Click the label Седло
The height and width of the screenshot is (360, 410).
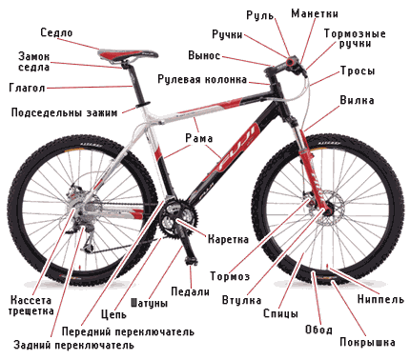pyautogui.click(x=56, y=32)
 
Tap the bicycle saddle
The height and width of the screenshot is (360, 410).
pyautogui.click(x=129, y=54)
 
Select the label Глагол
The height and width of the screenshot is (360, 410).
pyautogui.click(x=27, y=88)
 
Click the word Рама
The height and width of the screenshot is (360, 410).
pyautogui.click(x=199, y=138)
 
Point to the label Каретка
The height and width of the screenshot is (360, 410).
pyautogui.click(x=228, y=239)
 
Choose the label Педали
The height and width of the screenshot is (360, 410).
pyautogui.click(x=191, y=291)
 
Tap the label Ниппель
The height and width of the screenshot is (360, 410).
pyautogui.click(x=380, y=299)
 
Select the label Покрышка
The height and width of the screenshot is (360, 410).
pyautogui.click(x=367, y=342)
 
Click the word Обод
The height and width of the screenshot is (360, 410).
pyautogui.click(x=318, y=330)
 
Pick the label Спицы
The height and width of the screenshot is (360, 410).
pyautogui.click(x=280, y=313)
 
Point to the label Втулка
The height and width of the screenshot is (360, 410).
pyautogui.click(x=241, y=300)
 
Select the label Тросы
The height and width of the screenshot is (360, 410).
pyautogui.click(x=358, y=70)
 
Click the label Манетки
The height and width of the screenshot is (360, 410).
pyautogui.click(x=315, y=13)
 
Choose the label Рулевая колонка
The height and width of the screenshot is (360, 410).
pyautogui.click(x=202, y=79)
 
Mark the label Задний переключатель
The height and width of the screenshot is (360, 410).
pyautogui.click(x=73, y=345)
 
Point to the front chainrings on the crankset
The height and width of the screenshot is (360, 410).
pyautogui.click(x=179, y=216)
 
